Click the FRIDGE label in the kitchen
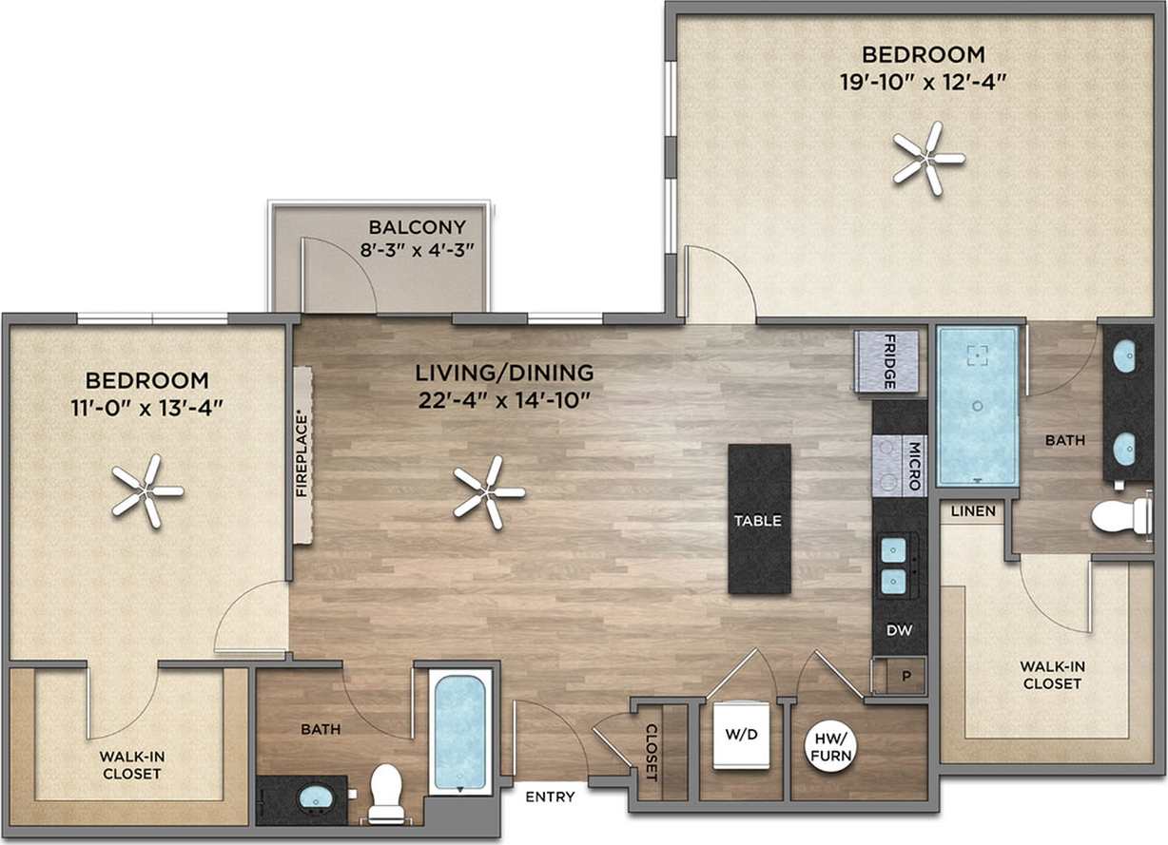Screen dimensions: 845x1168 click(888, 361)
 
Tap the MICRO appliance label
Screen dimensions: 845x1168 click(914, 465)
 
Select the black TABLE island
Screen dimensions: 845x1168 click(758, 520)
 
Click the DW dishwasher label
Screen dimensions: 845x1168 click(898, 630)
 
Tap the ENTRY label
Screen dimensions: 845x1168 click(550, 797)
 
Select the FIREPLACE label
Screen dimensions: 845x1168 click(302, 454)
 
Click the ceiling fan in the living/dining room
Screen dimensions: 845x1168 click(488, 492)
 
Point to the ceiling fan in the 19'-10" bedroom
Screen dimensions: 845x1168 click(927, 158)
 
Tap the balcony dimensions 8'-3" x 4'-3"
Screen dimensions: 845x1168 click(418, 249)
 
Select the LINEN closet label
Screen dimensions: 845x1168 click(973, 511)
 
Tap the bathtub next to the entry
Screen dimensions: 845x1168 click(459, 731)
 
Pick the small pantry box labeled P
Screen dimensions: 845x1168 click(905, 677)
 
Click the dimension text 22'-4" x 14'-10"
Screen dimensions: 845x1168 click(505, 399)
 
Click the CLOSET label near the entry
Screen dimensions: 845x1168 click(652, 752)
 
